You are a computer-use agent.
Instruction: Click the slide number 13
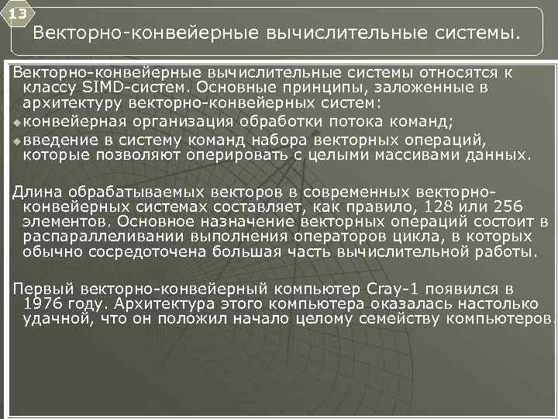(x=17, y=14)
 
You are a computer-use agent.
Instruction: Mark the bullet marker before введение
(x=17, y=140)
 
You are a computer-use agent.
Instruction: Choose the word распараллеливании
(x=108, y=237)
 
